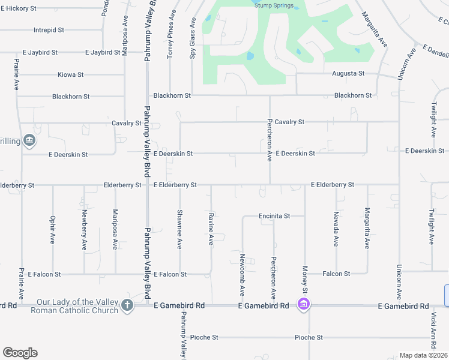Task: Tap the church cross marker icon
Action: (x=127, y=305)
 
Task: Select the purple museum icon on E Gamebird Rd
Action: (x=304, y=305)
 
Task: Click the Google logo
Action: (x=20, y=353)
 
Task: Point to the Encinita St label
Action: (x=274, y=216)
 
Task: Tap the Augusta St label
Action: (x=348, y=73)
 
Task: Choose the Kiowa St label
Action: (x=70, y=75)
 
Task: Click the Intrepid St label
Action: (x=49, y=30)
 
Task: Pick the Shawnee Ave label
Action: (x=179, y=229)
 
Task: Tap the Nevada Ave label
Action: (x=336, y=229)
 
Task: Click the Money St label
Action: (x=305, y=280)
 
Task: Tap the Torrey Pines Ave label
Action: (x=170, y=34)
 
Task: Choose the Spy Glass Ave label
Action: (x=193, y=38)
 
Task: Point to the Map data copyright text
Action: (x=423, y=355)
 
